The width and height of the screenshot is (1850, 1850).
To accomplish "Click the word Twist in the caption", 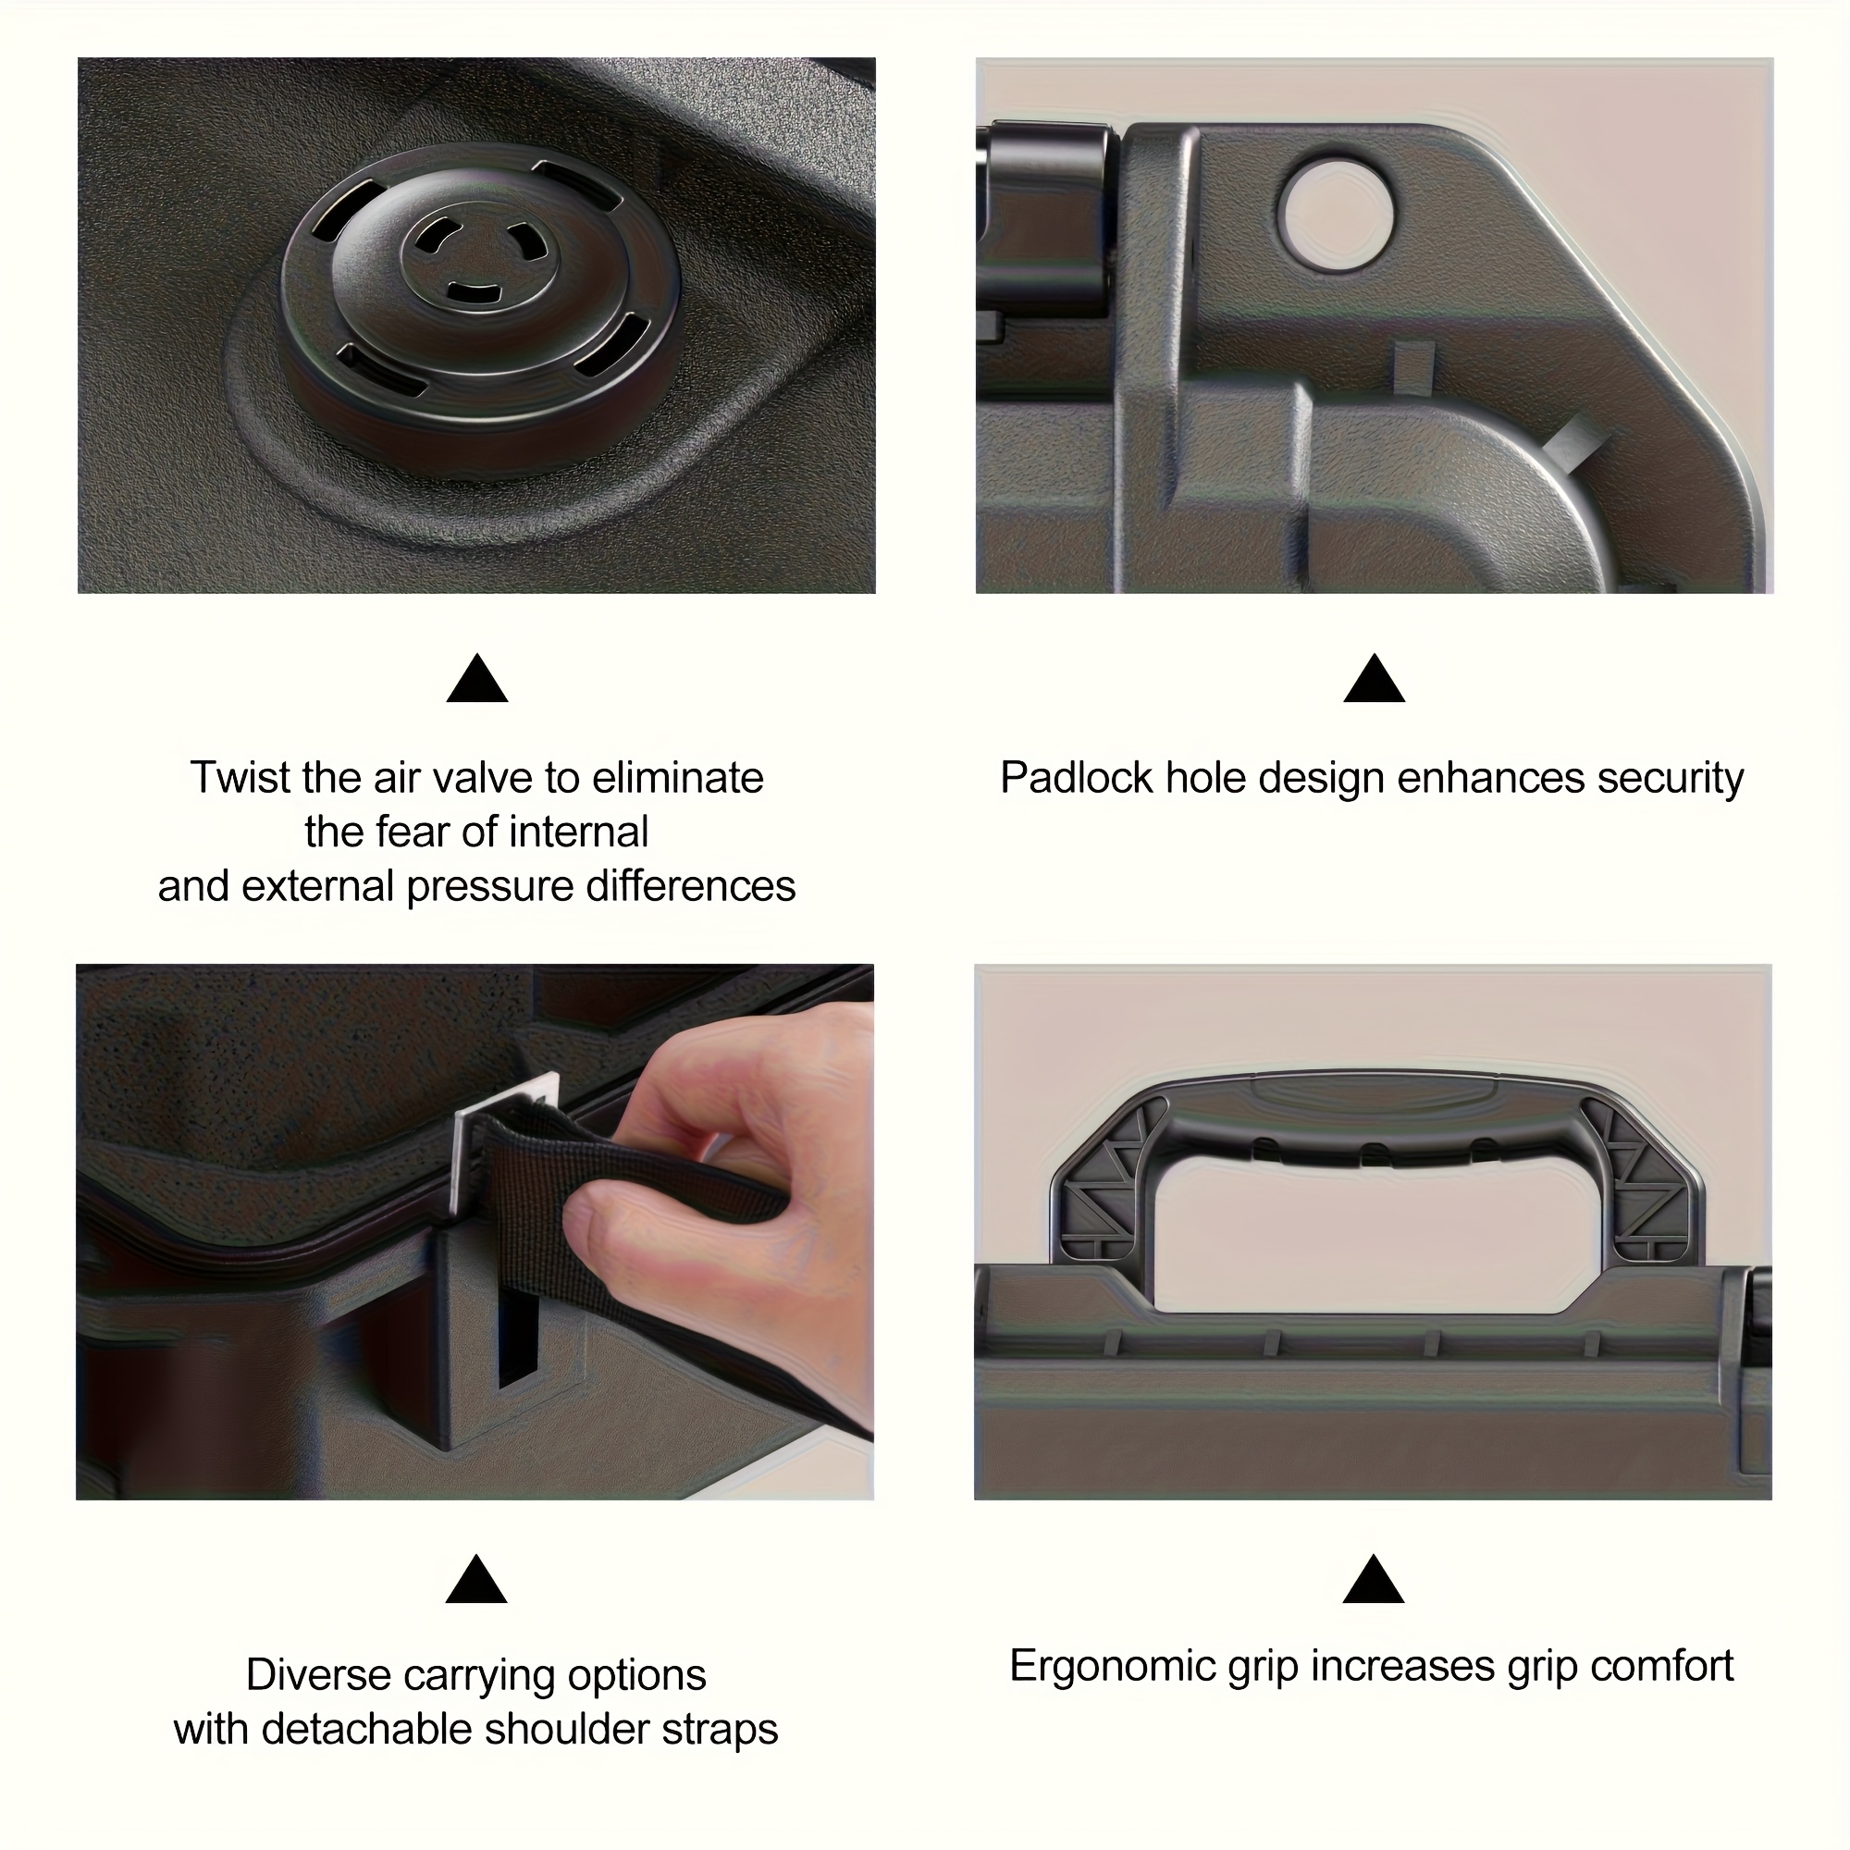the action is tap(240, 778).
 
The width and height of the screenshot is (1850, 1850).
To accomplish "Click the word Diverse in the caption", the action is tap(319, 1676).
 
